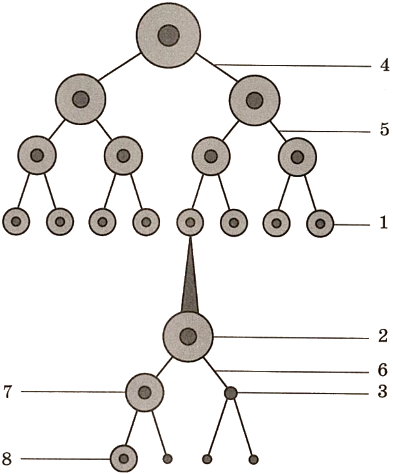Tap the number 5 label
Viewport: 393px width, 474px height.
384,130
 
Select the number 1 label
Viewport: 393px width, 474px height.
383,224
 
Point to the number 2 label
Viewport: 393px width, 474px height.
383,336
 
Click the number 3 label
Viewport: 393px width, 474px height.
383,392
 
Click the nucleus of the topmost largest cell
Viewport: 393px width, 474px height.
169,35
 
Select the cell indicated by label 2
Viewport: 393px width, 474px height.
188,336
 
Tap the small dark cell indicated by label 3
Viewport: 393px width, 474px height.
230,392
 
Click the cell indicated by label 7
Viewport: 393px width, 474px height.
145,392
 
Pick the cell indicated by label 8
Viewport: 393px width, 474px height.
123,459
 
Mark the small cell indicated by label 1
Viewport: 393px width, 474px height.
320,224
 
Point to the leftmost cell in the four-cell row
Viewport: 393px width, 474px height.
37,156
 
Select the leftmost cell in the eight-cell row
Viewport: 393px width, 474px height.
16,222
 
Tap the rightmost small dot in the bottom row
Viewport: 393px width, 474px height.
254,460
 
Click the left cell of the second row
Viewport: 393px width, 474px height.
80,99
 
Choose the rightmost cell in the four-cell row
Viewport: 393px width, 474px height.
297,156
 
